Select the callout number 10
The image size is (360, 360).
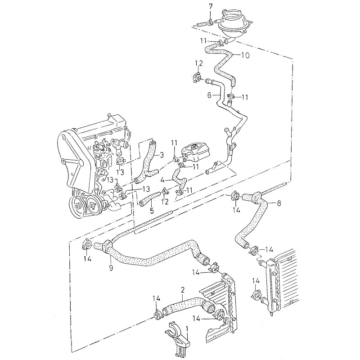coord(245,56)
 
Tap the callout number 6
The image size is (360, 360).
coord(209,95)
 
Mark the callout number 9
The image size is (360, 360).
coord(111,268)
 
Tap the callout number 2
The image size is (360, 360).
coord(182,289)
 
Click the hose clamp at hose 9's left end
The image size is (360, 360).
coord(87,246)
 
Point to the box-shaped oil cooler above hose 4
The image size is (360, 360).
coord(194,153)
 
